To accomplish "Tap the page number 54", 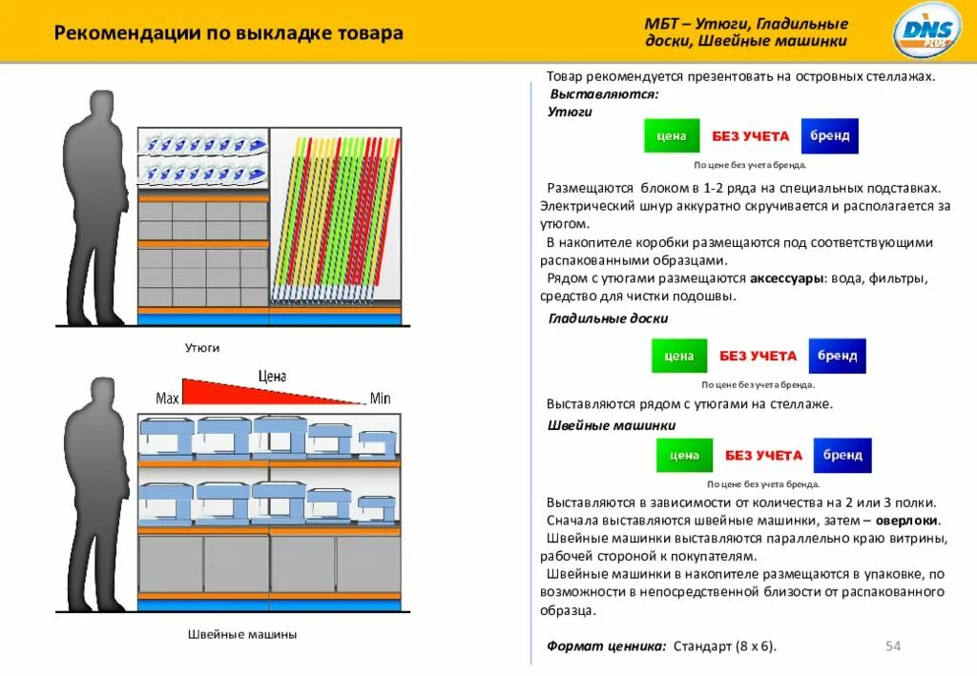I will pos(893,646).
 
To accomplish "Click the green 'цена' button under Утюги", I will pos(672,136).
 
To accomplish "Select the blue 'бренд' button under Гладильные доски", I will pos(837,356).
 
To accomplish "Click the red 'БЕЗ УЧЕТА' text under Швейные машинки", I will pos(763,456).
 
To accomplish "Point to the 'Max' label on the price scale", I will pos(167,398).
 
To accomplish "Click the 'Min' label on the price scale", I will pos(381,399).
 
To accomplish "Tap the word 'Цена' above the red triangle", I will pos(272,377).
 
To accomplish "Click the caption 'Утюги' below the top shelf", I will pos(202,348).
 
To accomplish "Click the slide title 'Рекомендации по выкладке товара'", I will pos(229,34).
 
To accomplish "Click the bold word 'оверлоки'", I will pos(907,521).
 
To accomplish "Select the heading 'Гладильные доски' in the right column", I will pos(608,318).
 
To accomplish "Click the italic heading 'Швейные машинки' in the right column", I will pos(612,425).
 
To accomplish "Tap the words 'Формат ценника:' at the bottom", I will pos(607,646).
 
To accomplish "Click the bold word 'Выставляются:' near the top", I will pos(604,94).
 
